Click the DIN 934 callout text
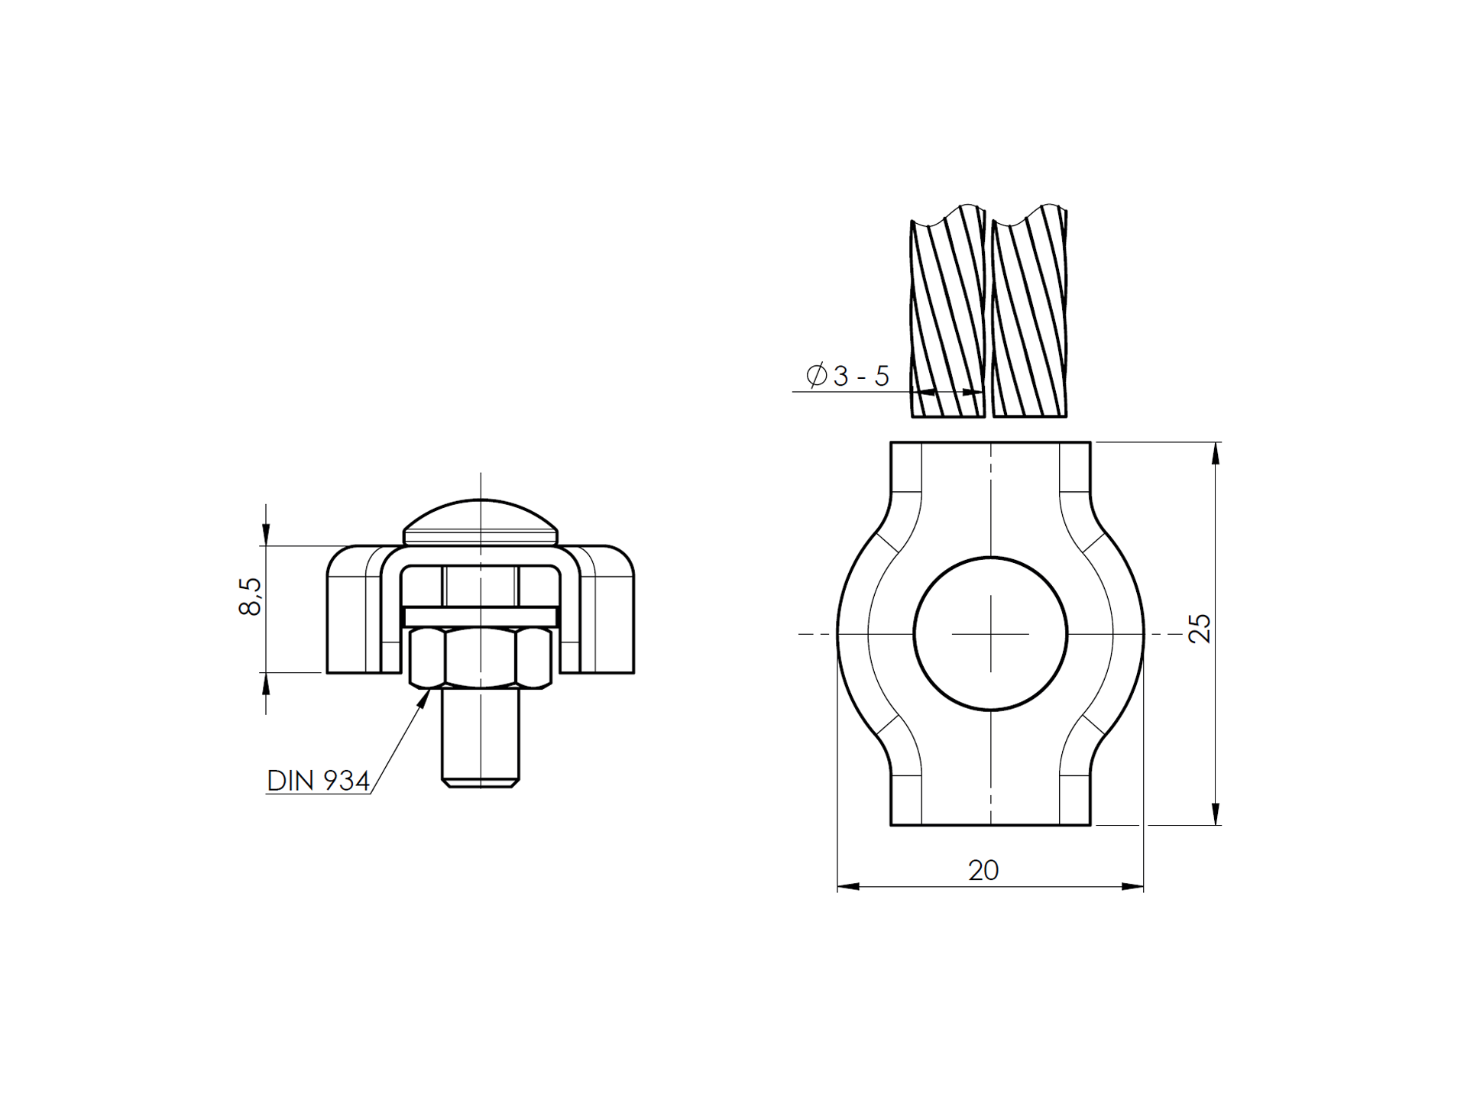point(319,781)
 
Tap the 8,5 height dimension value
point(250,597)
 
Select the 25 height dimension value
point(1200,628)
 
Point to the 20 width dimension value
point(983,870)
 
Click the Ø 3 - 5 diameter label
point(848,376)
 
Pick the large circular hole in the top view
point(990,634)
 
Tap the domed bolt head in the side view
point(481,522)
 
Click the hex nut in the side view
point(481,658)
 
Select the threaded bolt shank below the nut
point(481,737)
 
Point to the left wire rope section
point(947,313)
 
